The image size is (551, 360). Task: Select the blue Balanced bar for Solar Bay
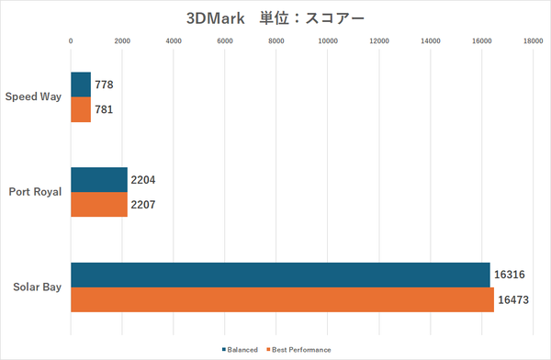[280, 276]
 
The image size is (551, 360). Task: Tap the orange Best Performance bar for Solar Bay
[282, 300]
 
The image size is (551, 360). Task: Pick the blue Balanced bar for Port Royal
[99, 180]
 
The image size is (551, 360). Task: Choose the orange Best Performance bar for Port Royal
[99, 204]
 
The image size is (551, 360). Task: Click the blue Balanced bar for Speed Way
[81, 84]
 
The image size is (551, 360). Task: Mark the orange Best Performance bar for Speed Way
[81, 109]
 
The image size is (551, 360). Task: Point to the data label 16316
[511, 276]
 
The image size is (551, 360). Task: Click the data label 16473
[514, 300]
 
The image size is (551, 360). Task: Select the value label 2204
[145, 180]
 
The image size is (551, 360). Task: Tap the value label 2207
[145, 204]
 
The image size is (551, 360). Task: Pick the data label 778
[104, 84]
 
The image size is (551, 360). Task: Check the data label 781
[104, 109]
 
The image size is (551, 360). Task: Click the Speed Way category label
[33, 96]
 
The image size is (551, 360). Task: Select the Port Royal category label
[34, 192]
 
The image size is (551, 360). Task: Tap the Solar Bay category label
[36, 287]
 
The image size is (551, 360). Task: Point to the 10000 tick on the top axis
[326, 40]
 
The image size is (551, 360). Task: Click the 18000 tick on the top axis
[530, 40]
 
